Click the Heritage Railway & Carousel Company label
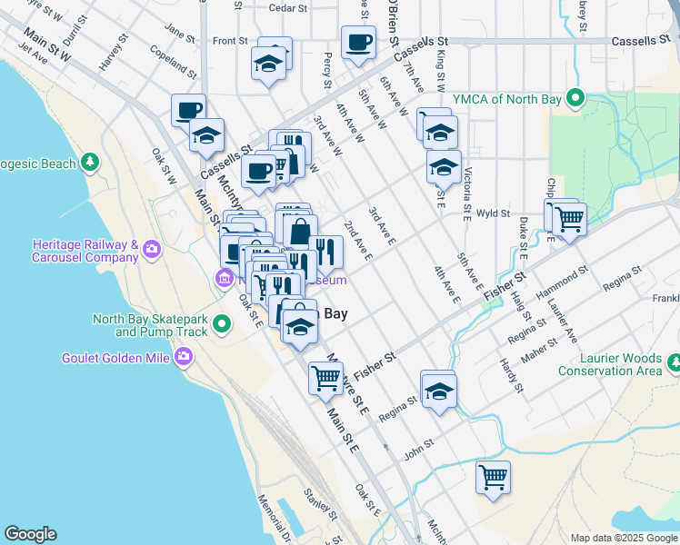click(84, 252)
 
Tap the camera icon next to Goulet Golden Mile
click(184, 358)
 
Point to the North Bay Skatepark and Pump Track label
click(150, 325)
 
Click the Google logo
click(30, 534)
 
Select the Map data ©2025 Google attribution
click(623, 538)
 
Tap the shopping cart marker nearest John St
click(493, 476)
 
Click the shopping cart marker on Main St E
click(325, 377)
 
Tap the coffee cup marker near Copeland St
click(188, 111)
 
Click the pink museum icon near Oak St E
click(224, 278)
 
